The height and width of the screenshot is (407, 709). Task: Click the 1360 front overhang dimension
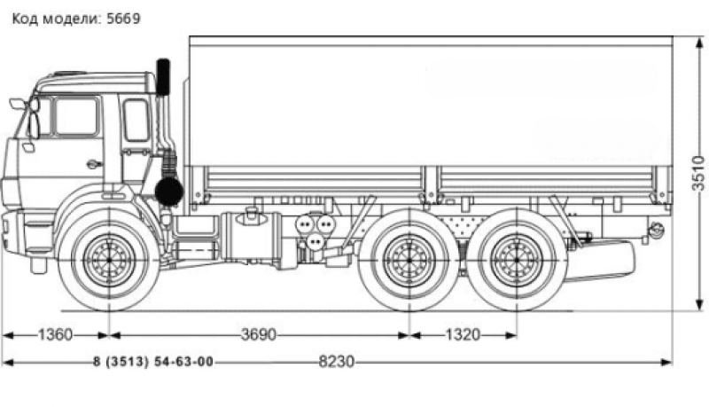click(x=55, y=335)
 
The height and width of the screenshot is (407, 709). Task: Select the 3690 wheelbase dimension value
click(x=258, y=335)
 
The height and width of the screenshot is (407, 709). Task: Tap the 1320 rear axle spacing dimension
click(x=462, y=335)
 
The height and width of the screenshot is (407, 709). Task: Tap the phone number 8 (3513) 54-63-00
click(x=152, y=362)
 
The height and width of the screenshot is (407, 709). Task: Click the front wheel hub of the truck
click(x=108, y=258)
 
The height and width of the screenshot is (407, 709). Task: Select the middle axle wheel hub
click(x=409, y=260)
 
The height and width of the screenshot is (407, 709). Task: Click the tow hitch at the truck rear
click(x=657, y=231)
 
